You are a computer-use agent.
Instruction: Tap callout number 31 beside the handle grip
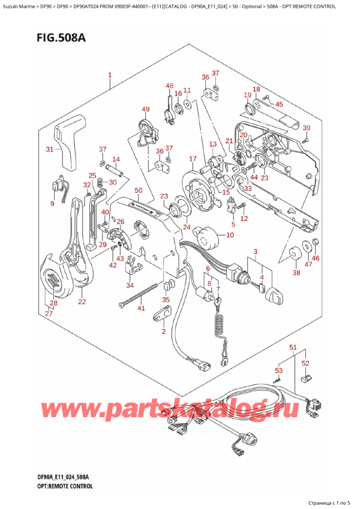50,149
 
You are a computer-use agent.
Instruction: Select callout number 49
145,109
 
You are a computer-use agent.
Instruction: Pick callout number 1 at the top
110,76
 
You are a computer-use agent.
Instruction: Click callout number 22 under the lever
82,301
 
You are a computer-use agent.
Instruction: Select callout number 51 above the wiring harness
293,348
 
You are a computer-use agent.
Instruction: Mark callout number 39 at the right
306,128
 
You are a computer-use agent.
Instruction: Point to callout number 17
193,158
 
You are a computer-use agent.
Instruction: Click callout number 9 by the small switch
52,204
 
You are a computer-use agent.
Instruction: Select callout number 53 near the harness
278,370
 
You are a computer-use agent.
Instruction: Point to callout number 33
247,187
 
